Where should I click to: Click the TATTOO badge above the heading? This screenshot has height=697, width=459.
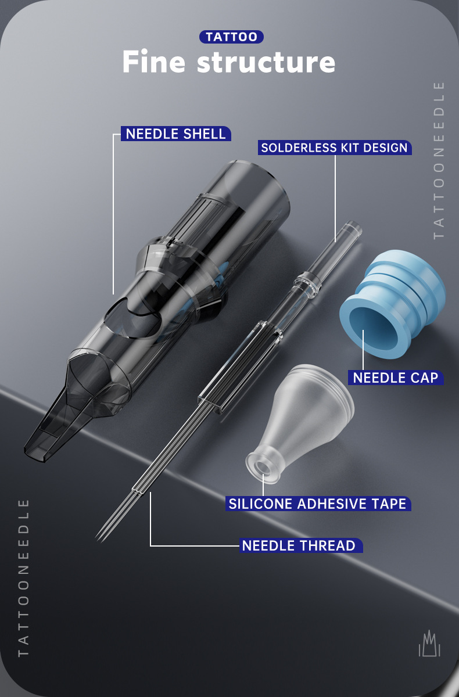[x=231, y=37]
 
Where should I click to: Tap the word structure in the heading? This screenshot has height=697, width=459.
[x=266, y=62]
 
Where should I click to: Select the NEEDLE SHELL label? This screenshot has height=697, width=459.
[x=175, y=134]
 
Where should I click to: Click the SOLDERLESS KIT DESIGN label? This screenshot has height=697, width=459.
[x=334, y=148]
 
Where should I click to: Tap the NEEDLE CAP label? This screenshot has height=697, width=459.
[x=396, y=378]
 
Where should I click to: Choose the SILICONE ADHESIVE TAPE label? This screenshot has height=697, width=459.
[x=317, y=503]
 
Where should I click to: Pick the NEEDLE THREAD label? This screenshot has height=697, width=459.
[x=299, y=545]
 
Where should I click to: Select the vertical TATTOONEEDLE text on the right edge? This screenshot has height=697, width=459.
[x=439, y=160]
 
